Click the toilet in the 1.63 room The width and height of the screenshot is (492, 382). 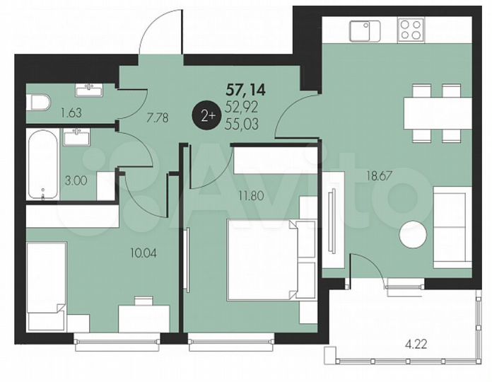click(x=39, y=103)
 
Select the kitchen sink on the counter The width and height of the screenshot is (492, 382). click(x=364, y=31)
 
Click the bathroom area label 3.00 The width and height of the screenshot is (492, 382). click(x=75, y=180)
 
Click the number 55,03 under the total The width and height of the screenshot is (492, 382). click(x=242, y=124)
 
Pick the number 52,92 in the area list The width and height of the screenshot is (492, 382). click(x=242, y=108)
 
